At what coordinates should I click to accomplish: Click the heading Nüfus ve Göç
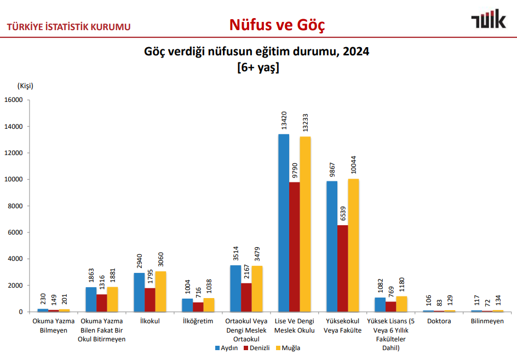tap(277, 25)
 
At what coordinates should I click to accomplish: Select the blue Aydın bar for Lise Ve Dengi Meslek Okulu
tap(284, 223)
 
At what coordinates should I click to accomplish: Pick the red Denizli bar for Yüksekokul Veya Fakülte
tap(342, 268)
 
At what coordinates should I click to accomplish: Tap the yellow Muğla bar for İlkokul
tap(160, 292)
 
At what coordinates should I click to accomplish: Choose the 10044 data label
tap(353, 165)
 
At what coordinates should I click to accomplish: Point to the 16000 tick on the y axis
tap(13, 100)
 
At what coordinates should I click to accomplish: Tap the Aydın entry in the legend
tap(226, 348)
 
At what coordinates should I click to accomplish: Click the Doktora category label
tap(439, 321)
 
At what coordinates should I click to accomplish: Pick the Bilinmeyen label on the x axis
tap(487, 321)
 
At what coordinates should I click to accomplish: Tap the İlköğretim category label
tap(197, 321)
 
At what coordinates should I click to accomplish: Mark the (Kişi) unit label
tap(25, 85)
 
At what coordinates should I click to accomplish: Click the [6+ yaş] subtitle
tap(258, 68)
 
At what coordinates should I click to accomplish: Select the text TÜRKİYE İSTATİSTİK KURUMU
tap(68, 26)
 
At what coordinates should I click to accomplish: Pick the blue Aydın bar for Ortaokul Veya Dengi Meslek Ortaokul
tap(235, 288)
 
